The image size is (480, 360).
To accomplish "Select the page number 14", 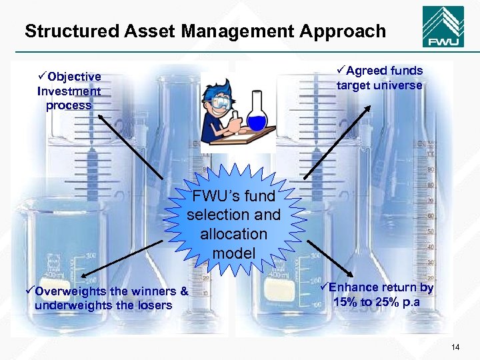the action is coord(456,347).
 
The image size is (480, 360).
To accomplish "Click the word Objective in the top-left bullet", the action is coord(74,77).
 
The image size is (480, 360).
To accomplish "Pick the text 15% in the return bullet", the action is coord(346,302).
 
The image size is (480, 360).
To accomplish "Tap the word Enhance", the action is coord(354,288).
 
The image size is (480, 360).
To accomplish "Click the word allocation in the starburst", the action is coord(233,234).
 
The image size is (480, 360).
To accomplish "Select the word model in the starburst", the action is coord(233,253).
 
